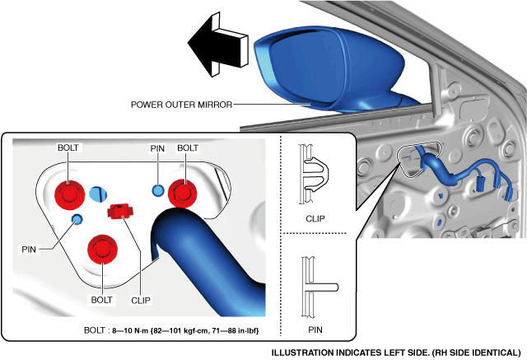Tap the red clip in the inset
(121, 212)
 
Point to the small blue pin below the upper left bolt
(77, 218)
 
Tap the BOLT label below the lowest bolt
(102, 300)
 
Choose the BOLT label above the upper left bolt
(69, 148)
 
